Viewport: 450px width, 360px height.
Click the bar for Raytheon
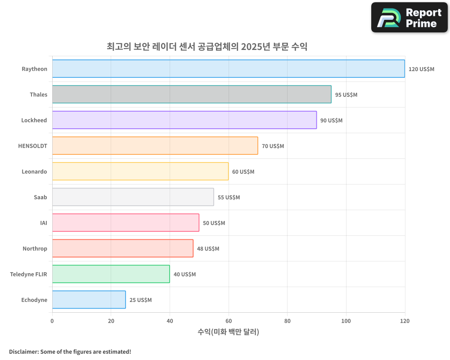228,69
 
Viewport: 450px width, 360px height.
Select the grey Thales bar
192,94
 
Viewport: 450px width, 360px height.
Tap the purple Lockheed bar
184,120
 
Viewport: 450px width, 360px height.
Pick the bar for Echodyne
89,300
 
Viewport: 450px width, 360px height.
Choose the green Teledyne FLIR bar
111,274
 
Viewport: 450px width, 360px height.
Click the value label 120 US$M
421,69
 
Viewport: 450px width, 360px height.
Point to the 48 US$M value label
208,249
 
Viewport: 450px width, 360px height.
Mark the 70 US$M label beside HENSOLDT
273,146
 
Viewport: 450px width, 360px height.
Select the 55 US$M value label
229,198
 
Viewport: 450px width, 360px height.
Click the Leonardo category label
34,171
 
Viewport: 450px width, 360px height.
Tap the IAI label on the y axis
43,223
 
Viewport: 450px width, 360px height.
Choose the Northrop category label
35,248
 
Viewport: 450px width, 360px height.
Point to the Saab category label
40,197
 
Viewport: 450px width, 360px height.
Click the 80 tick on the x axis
287,321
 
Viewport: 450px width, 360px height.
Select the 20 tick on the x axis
111,321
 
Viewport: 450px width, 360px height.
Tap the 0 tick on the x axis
52,321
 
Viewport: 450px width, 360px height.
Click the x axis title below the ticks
228,332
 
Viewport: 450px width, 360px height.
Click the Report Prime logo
409,18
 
